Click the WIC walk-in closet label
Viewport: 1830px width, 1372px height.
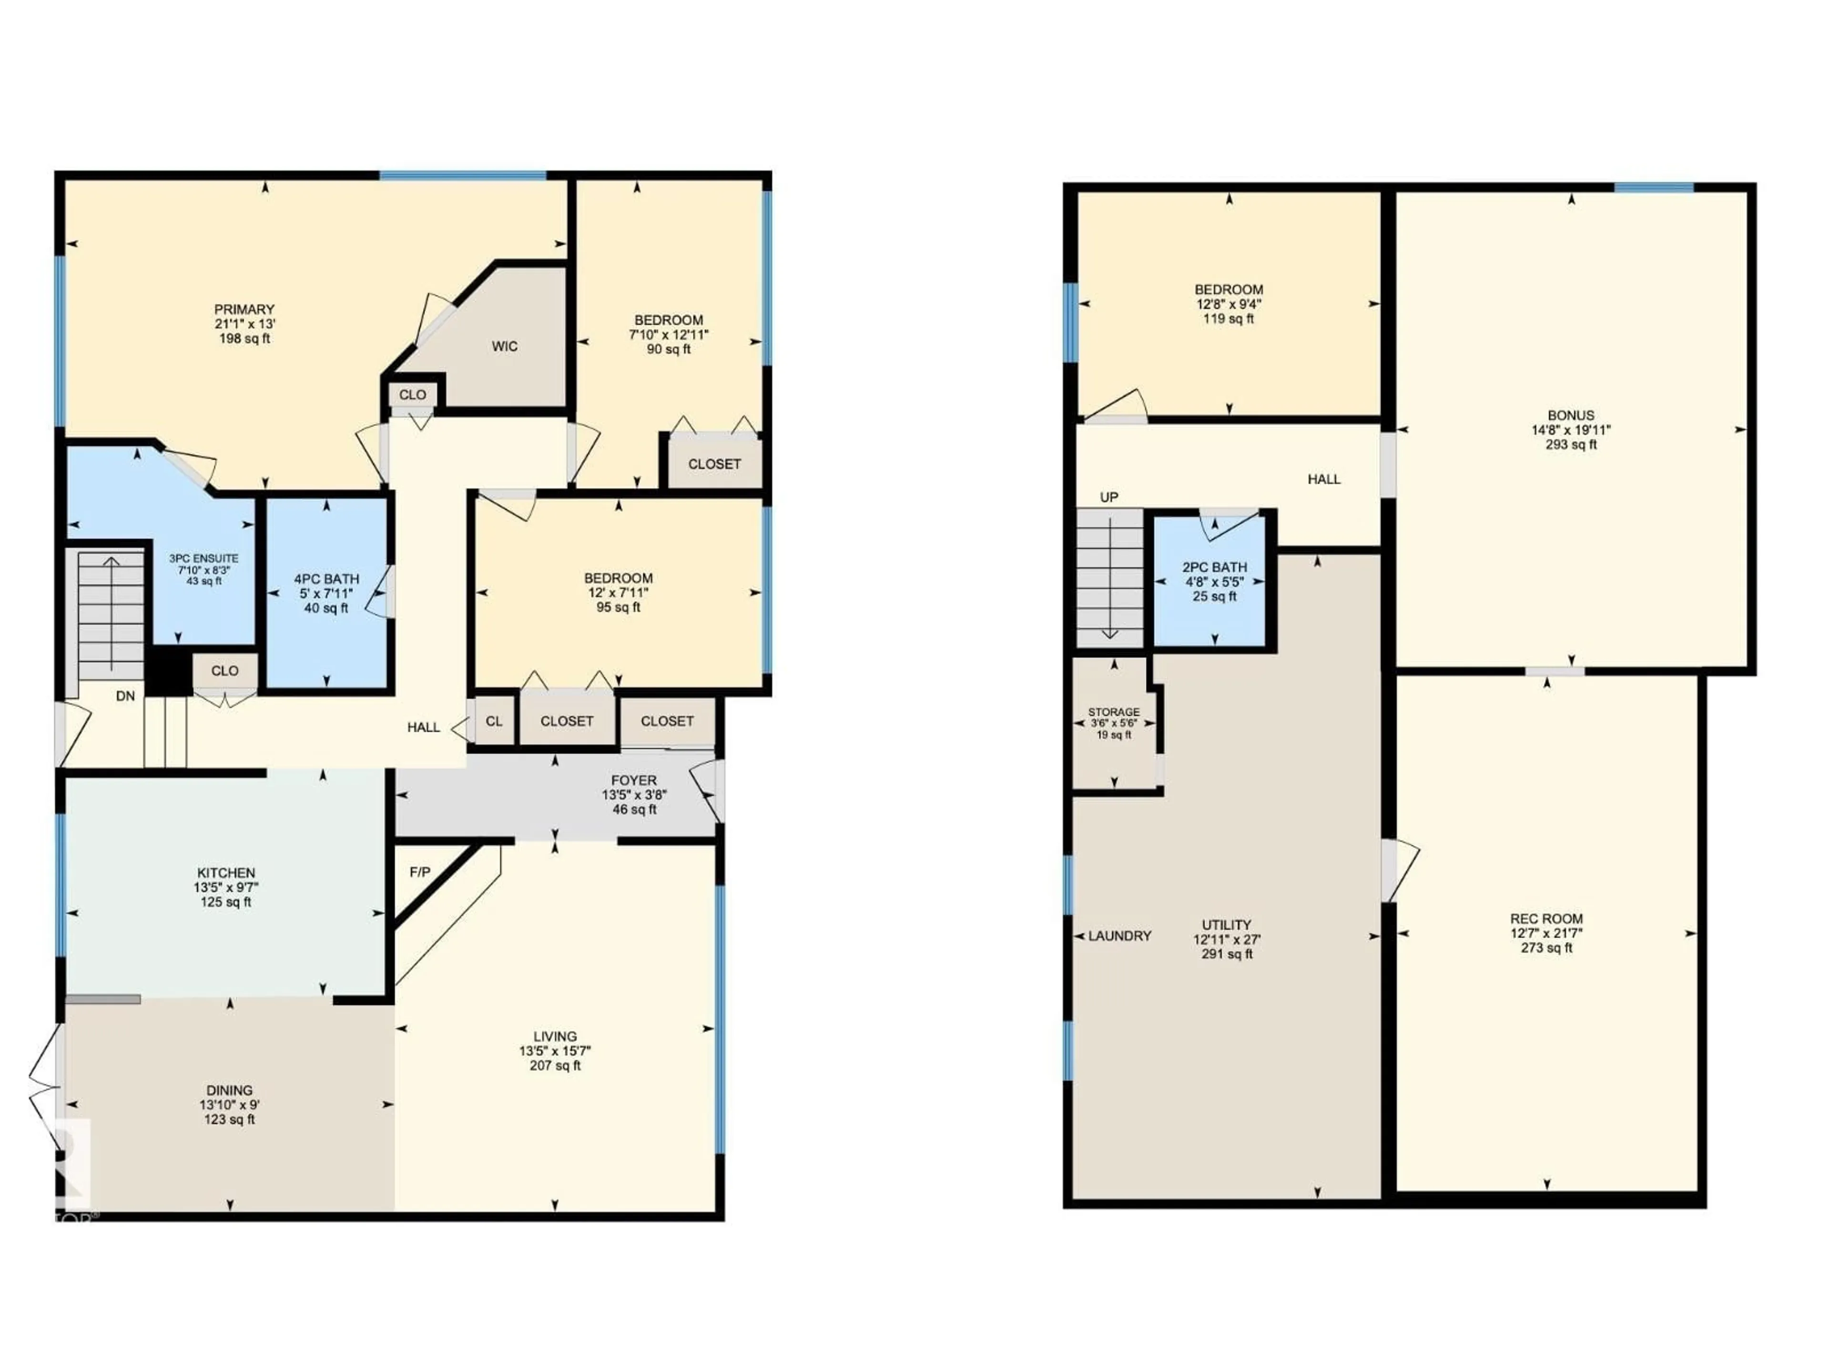(505, 346)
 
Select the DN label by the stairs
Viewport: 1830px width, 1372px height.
(125, 696)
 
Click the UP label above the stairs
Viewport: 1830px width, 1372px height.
(1108, 497)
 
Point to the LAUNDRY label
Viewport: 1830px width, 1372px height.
(1119, 936)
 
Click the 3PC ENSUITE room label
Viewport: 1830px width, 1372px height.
(203, 558)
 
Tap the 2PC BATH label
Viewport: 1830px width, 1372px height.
(1214, 567)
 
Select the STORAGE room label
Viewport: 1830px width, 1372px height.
(1114, 712)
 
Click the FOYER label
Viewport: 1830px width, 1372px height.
(634, 780)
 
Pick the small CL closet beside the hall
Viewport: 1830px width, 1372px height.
(494, 721)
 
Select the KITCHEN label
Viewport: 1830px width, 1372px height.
(226, 872)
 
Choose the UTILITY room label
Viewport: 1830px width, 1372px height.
(1226, 925)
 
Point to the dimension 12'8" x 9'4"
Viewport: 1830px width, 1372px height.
(1229, 303)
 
